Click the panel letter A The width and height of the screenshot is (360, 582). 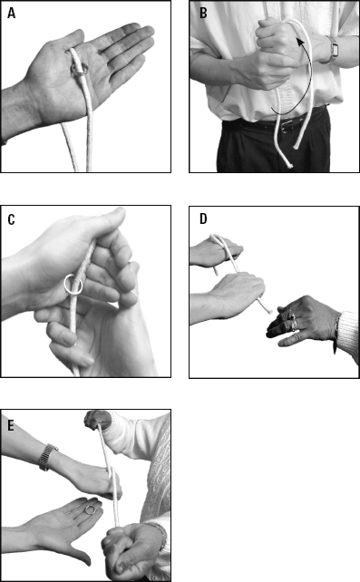[12, 13]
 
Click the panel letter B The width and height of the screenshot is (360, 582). [203, 13]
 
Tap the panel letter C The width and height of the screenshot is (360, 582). [11, 219]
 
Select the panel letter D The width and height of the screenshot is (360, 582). [203, 218]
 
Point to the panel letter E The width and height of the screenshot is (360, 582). [11, 425]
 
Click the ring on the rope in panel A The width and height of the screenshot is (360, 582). [79, 70]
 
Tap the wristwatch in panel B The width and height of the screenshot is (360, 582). [332, 49]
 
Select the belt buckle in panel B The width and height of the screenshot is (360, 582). [287, 126]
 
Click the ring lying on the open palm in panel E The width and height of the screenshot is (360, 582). [90, 509]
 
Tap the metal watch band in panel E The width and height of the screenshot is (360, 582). [46, 457]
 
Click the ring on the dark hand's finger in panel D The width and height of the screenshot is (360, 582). [293, 322]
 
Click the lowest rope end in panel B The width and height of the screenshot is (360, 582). [288, 164]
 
